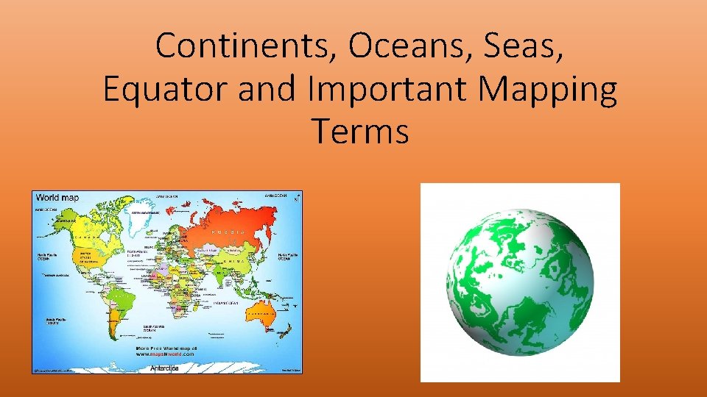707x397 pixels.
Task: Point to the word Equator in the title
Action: [168, 90]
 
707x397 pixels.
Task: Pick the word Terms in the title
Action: [360, 132]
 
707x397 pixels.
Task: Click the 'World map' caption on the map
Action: [57, 198]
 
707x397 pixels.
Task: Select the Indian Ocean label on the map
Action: [225, 302]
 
